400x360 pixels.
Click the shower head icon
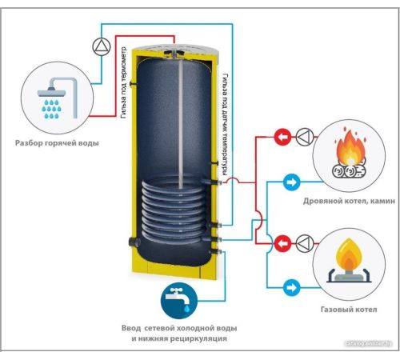point(58,98)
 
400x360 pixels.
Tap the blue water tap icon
point(179,301)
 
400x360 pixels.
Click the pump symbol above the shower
point(102,46)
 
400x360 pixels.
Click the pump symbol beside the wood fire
point(305,137)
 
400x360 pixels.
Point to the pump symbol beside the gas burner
point(305,243)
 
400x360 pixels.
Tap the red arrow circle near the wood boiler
point(283,137)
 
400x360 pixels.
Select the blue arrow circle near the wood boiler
point(291,182)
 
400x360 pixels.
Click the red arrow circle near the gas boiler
point(283,243)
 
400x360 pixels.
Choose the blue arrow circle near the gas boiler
point(291,288)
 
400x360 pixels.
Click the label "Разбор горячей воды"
point(57,143)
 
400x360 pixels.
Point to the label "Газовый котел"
point(349,310)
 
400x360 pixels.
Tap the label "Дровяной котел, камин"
point(349,201)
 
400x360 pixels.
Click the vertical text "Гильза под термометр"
point(123,83)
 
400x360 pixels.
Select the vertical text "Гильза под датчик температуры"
point(226,125)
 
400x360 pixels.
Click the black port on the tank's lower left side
point(134,242)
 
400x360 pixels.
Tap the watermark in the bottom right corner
point(369,344)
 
